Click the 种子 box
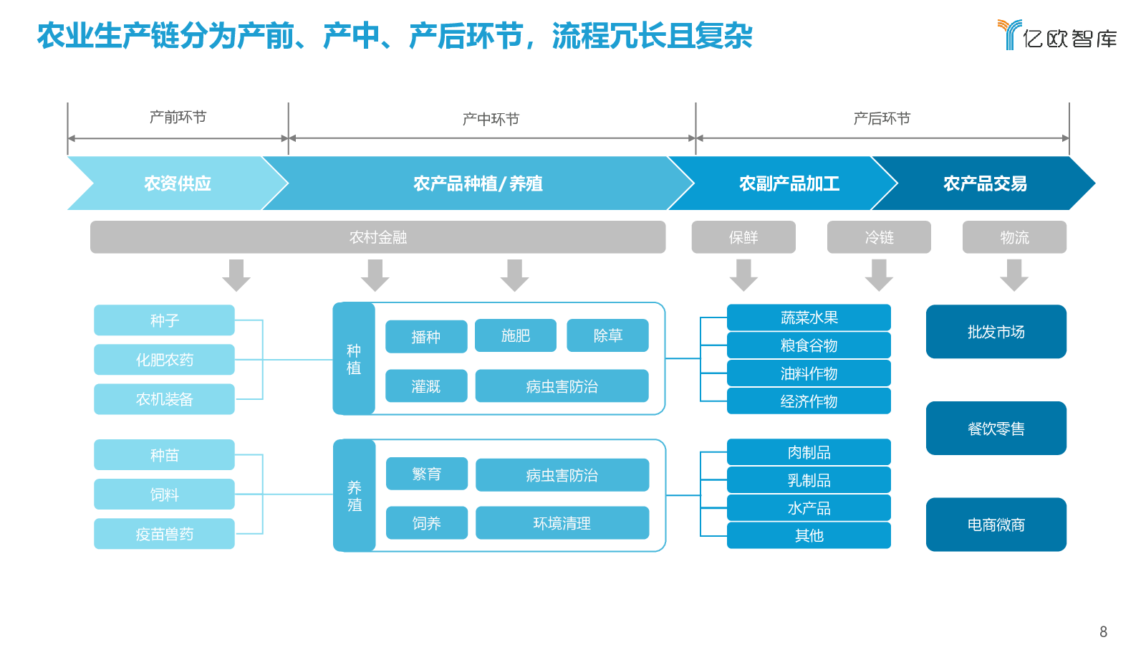(x=164, y=320)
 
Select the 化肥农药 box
(x=164, y=359)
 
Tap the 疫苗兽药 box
(x=164, y=534)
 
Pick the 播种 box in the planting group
(x=426, y=336)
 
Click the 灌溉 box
(x=426, y=386)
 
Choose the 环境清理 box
(x=562, y=522)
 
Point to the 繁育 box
(x=427, y=474)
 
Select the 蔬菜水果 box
(x=809, y=317)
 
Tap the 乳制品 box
(x=809, y=480)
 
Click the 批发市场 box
(x=996, y=332)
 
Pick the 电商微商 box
(x=996, y=525)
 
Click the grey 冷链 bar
(x=879, y=237)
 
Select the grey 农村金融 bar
(x=378, y=237)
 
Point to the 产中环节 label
(x=491, y=119)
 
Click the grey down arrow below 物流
(x=1014, y=275)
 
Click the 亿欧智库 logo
(x=1057, y=35)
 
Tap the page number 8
(x=1104, y=631)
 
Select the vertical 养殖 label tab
(x=355, y=495)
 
